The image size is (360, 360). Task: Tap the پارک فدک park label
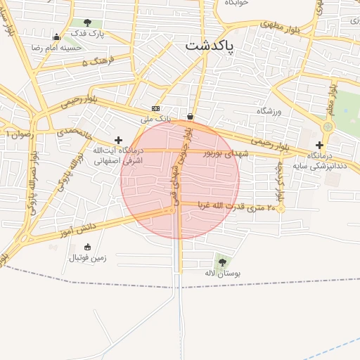click(x=89, y=34)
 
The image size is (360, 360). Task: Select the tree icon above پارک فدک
click(x=87, y=23)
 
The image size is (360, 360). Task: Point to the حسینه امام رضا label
click(x=56, y=48)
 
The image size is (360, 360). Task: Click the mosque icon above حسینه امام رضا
click(x=56, y=37)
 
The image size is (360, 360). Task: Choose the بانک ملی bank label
click(x=155, y=119)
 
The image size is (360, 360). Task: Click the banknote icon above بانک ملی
click(x=155, y=108)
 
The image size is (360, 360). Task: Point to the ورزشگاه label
click(x=269, y=111)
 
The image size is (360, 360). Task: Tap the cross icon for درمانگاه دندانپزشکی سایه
click(x=319, y=144)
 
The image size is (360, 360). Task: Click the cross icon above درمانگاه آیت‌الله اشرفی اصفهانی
click(x=118, y=140)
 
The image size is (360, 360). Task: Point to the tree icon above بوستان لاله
click(x=222, y=262)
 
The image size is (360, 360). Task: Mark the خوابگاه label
click(x=237, y=4)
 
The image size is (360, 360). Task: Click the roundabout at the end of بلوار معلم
click(x=327, y=127)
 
